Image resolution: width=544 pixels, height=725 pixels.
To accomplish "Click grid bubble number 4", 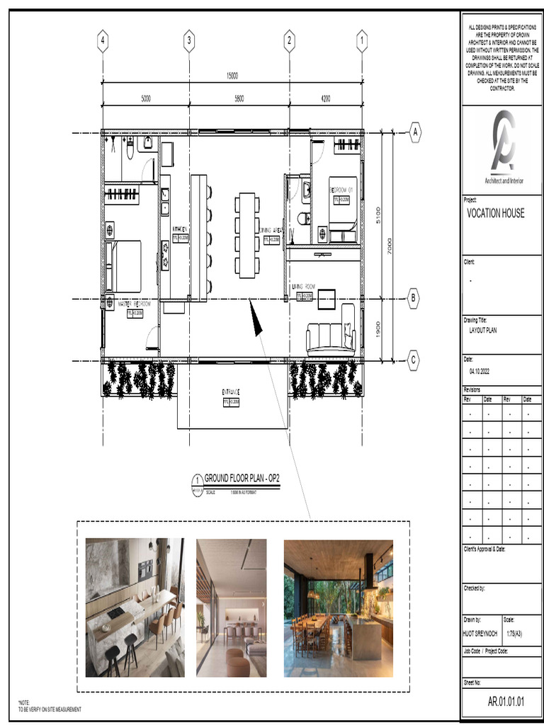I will pos(103,41).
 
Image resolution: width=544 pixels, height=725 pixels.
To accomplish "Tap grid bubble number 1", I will pos(362,41).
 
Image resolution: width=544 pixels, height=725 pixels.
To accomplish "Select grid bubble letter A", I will pos(414,132).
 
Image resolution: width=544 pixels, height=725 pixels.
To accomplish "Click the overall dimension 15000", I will pos(232,76).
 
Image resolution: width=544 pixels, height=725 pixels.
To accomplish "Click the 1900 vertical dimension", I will pos(378,330).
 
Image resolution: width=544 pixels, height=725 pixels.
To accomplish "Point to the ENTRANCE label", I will pos(231,392).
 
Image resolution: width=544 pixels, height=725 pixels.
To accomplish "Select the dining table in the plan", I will pos(247,235).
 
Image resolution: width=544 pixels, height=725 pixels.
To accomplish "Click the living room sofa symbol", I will pos(330,338).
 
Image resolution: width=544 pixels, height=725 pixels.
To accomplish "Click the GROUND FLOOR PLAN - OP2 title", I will pos(242,479).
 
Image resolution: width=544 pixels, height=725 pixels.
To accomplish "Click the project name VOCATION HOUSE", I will pos(496,213).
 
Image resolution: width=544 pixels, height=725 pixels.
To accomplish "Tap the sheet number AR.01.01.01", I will pos(506,702).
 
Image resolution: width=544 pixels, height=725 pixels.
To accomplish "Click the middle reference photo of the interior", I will pos(232,607).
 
